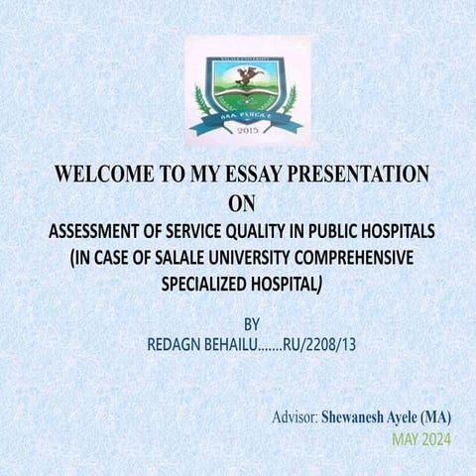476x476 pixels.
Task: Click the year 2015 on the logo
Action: point(243,130)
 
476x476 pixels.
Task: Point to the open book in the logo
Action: point(244,97)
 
